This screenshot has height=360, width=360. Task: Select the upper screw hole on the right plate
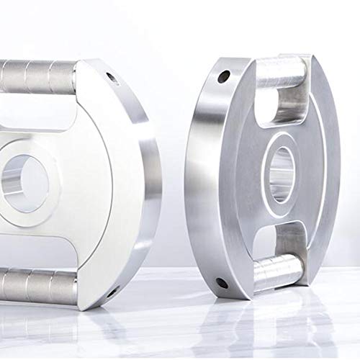pyautogui.click(x=225, y=75)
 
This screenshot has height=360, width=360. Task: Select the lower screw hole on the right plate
pyautogui.click(x=222, y=282)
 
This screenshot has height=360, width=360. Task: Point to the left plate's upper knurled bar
pyautogui.click(x=36, y=76)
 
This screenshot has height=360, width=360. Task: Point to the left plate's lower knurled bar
pyautogui.click(x=36, y=287)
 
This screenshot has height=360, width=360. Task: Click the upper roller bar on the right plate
pyautogui.click(x=282, y=72)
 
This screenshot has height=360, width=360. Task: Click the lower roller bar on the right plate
pyautogui.click(x=277, y=271)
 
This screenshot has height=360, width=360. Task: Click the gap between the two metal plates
pyautogui.click(x=173, y=180)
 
